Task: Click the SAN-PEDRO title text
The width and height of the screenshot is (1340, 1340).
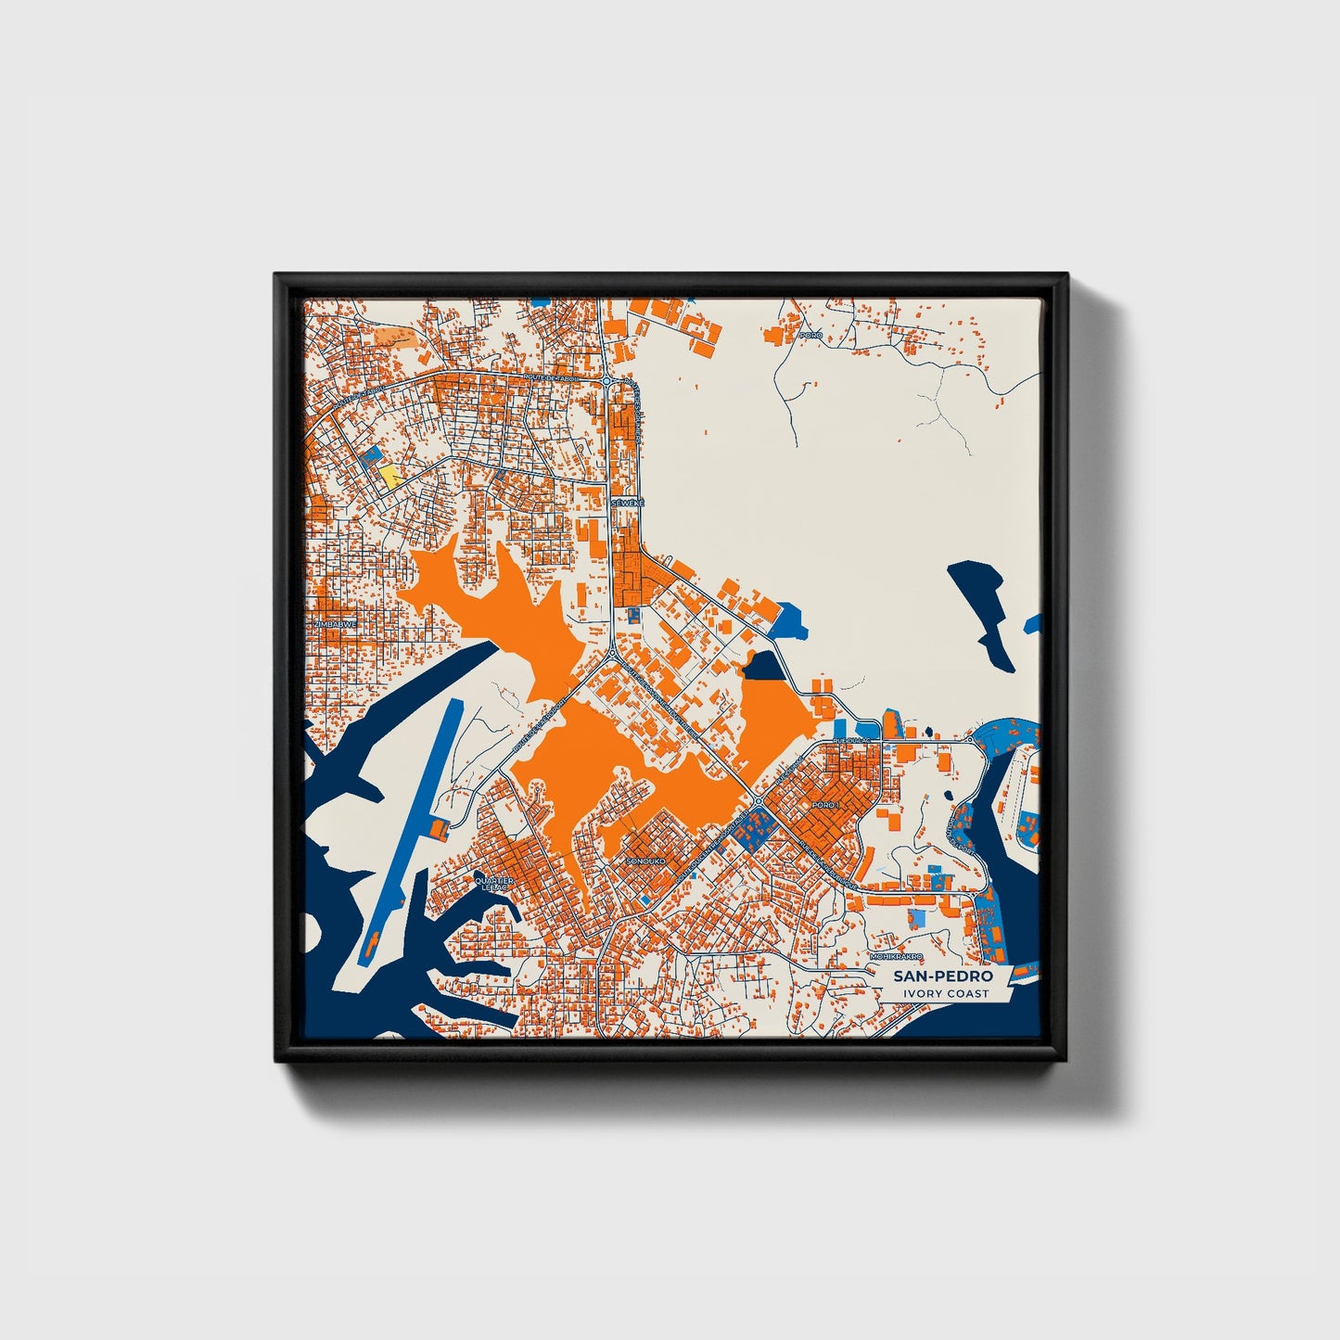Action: tap(942, 976)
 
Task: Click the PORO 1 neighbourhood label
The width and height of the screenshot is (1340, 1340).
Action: tap(824, 804)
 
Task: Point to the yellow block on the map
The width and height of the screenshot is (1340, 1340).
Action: tap(389, 477)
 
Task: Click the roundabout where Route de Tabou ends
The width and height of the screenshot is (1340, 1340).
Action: tap(606, 380)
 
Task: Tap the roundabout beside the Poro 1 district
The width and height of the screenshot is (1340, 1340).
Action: tap(758, 801)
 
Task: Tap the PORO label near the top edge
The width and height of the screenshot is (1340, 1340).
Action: tap(811, 335)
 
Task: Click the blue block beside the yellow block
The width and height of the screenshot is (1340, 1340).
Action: tap(374, 455)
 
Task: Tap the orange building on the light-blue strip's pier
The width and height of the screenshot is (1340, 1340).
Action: tap(438, 826)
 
